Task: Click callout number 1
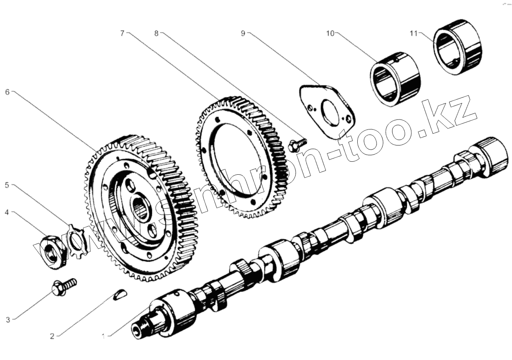(x=104, y=336)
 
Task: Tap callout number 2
(x=52, y=336)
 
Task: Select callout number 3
(x=8, y=320)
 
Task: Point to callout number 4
(x=7, y=212)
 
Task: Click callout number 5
(x=7, y=185)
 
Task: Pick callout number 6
(x=7, y=92)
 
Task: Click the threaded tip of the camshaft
(x=139, y=329)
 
